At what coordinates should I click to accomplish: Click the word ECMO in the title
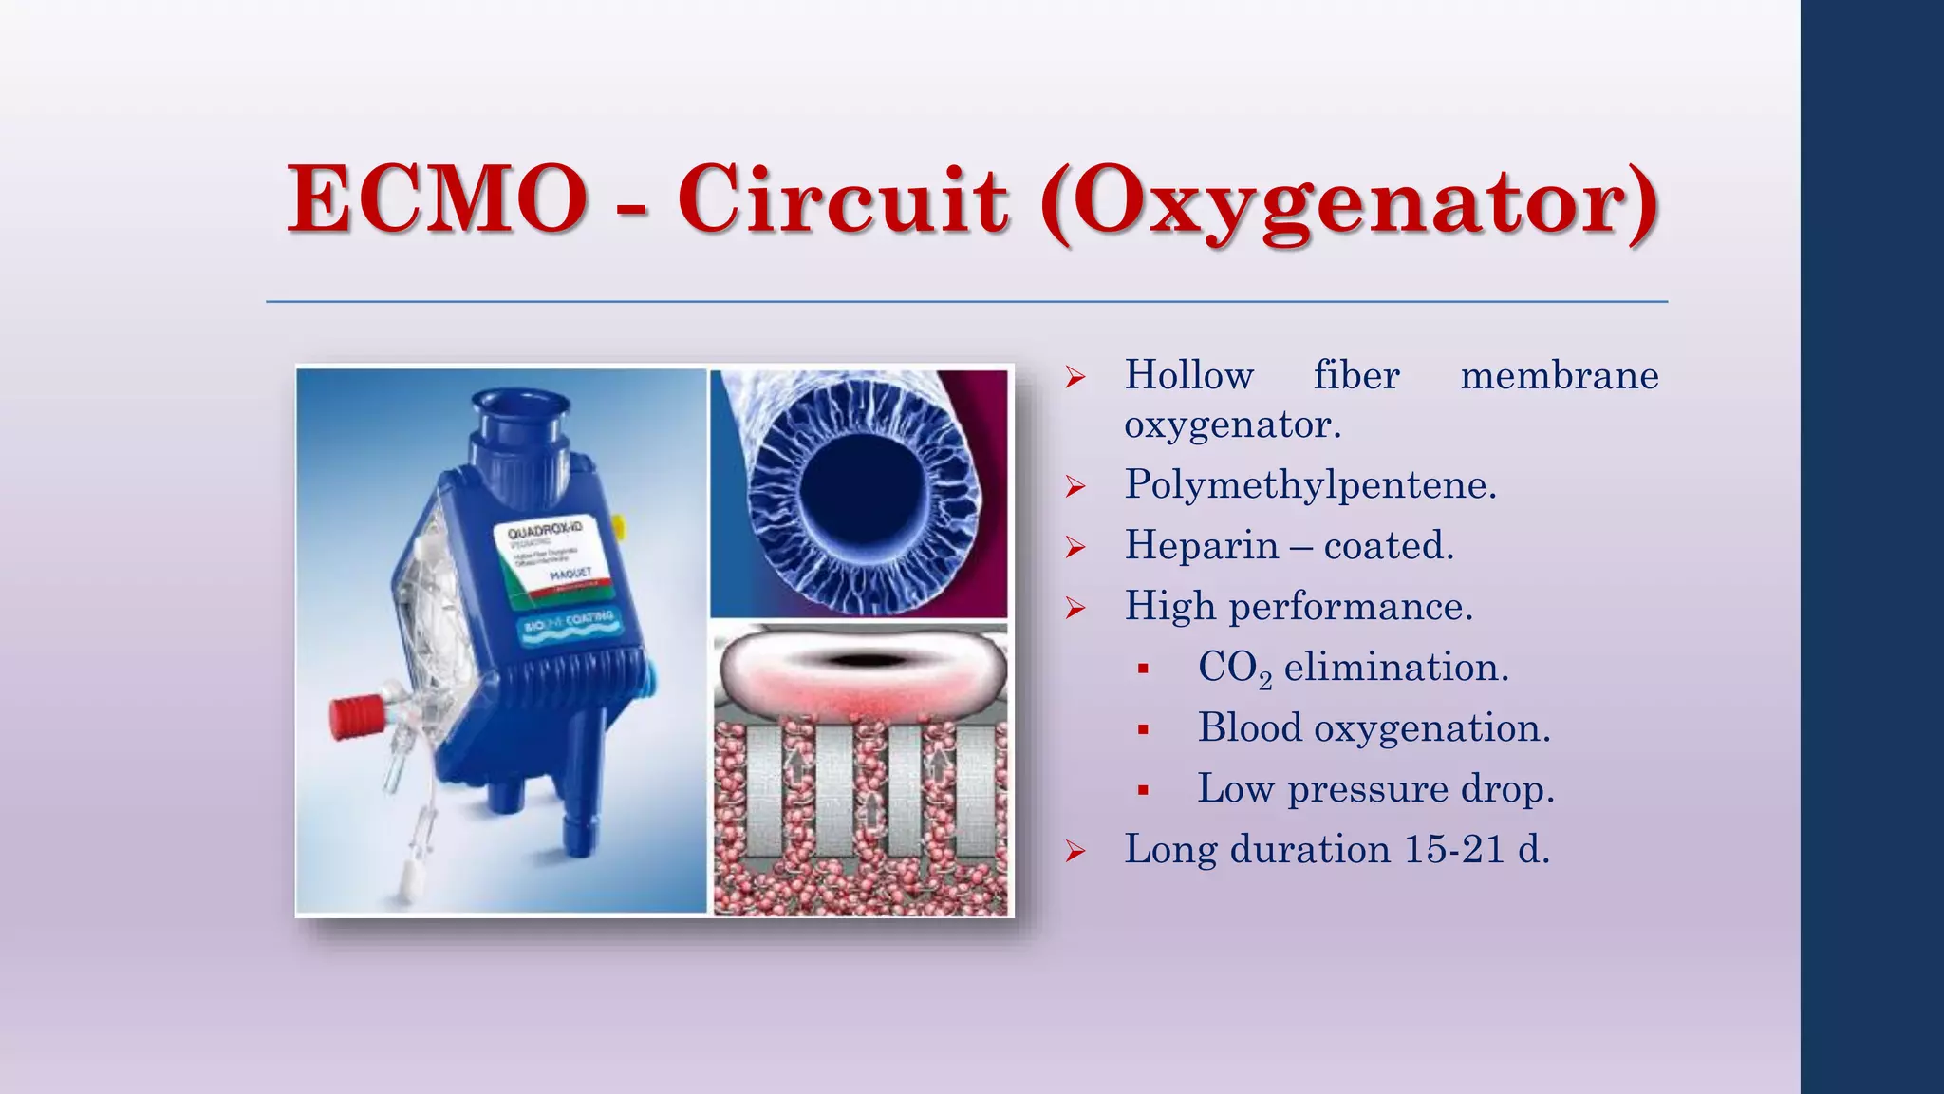pos(437,199)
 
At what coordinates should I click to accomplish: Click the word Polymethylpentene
pos(1310,485)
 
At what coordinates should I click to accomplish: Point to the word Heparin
pos(1202,546)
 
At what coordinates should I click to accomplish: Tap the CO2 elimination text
pos(1353,668)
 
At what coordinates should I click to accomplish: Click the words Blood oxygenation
pos(1374,728)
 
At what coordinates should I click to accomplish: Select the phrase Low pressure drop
pos(1375,789)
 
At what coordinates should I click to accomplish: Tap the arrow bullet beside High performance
pos(1075,608)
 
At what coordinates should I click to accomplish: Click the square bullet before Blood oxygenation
pos(1143,729)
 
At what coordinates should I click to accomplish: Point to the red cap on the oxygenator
pos(356,718)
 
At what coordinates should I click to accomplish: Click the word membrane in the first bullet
pos(1559,376)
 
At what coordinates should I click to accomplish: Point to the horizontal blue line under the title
pos(966,302)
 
